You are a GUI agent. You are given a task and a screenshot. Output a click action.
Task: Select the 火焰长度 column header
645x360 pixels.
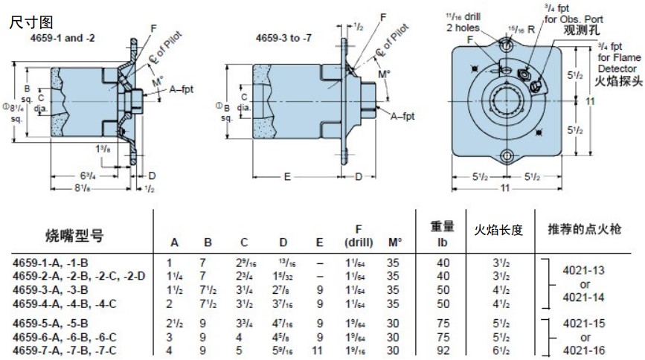[x=499, y=230]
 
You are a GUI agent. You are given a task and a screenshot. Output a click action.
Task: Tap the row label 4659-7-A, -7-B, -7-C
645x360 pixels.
[x=62, y=350]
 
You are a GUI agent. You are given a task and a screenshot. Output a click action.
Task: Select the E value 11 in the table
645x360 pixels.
[x=320, y=350]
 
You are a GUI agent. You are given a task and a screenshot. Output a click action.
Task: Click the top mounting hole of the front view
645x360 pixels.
[x=507, y=46]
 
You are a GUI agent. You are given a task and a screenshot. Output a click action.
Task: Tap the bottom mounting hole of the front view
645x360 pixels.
[x=507, y=157]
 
